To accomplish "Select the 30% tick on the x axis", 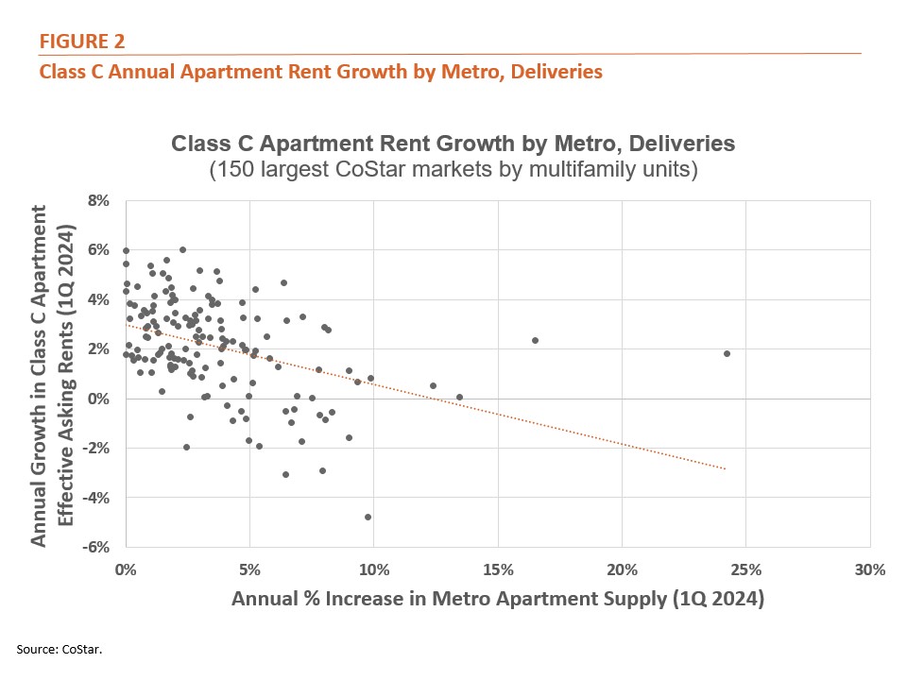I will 869,569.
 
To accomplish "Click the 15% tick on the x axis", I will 497,569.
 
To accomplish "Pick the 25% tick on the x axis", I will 744,569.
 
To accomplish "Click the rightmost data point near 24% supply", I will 727,353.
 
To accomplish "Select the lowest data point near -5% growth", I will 368,517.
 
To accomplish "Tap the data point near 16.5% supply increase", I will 535,340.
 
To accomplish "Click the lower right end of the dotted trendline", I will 726,468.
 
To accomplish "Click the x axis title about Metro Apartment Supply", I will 497,598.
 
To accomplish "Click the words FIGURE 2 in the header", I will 81,41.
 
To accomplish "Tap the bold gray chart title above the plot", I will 453,145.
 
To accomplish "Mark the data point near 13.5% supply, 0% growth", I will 459,397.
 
